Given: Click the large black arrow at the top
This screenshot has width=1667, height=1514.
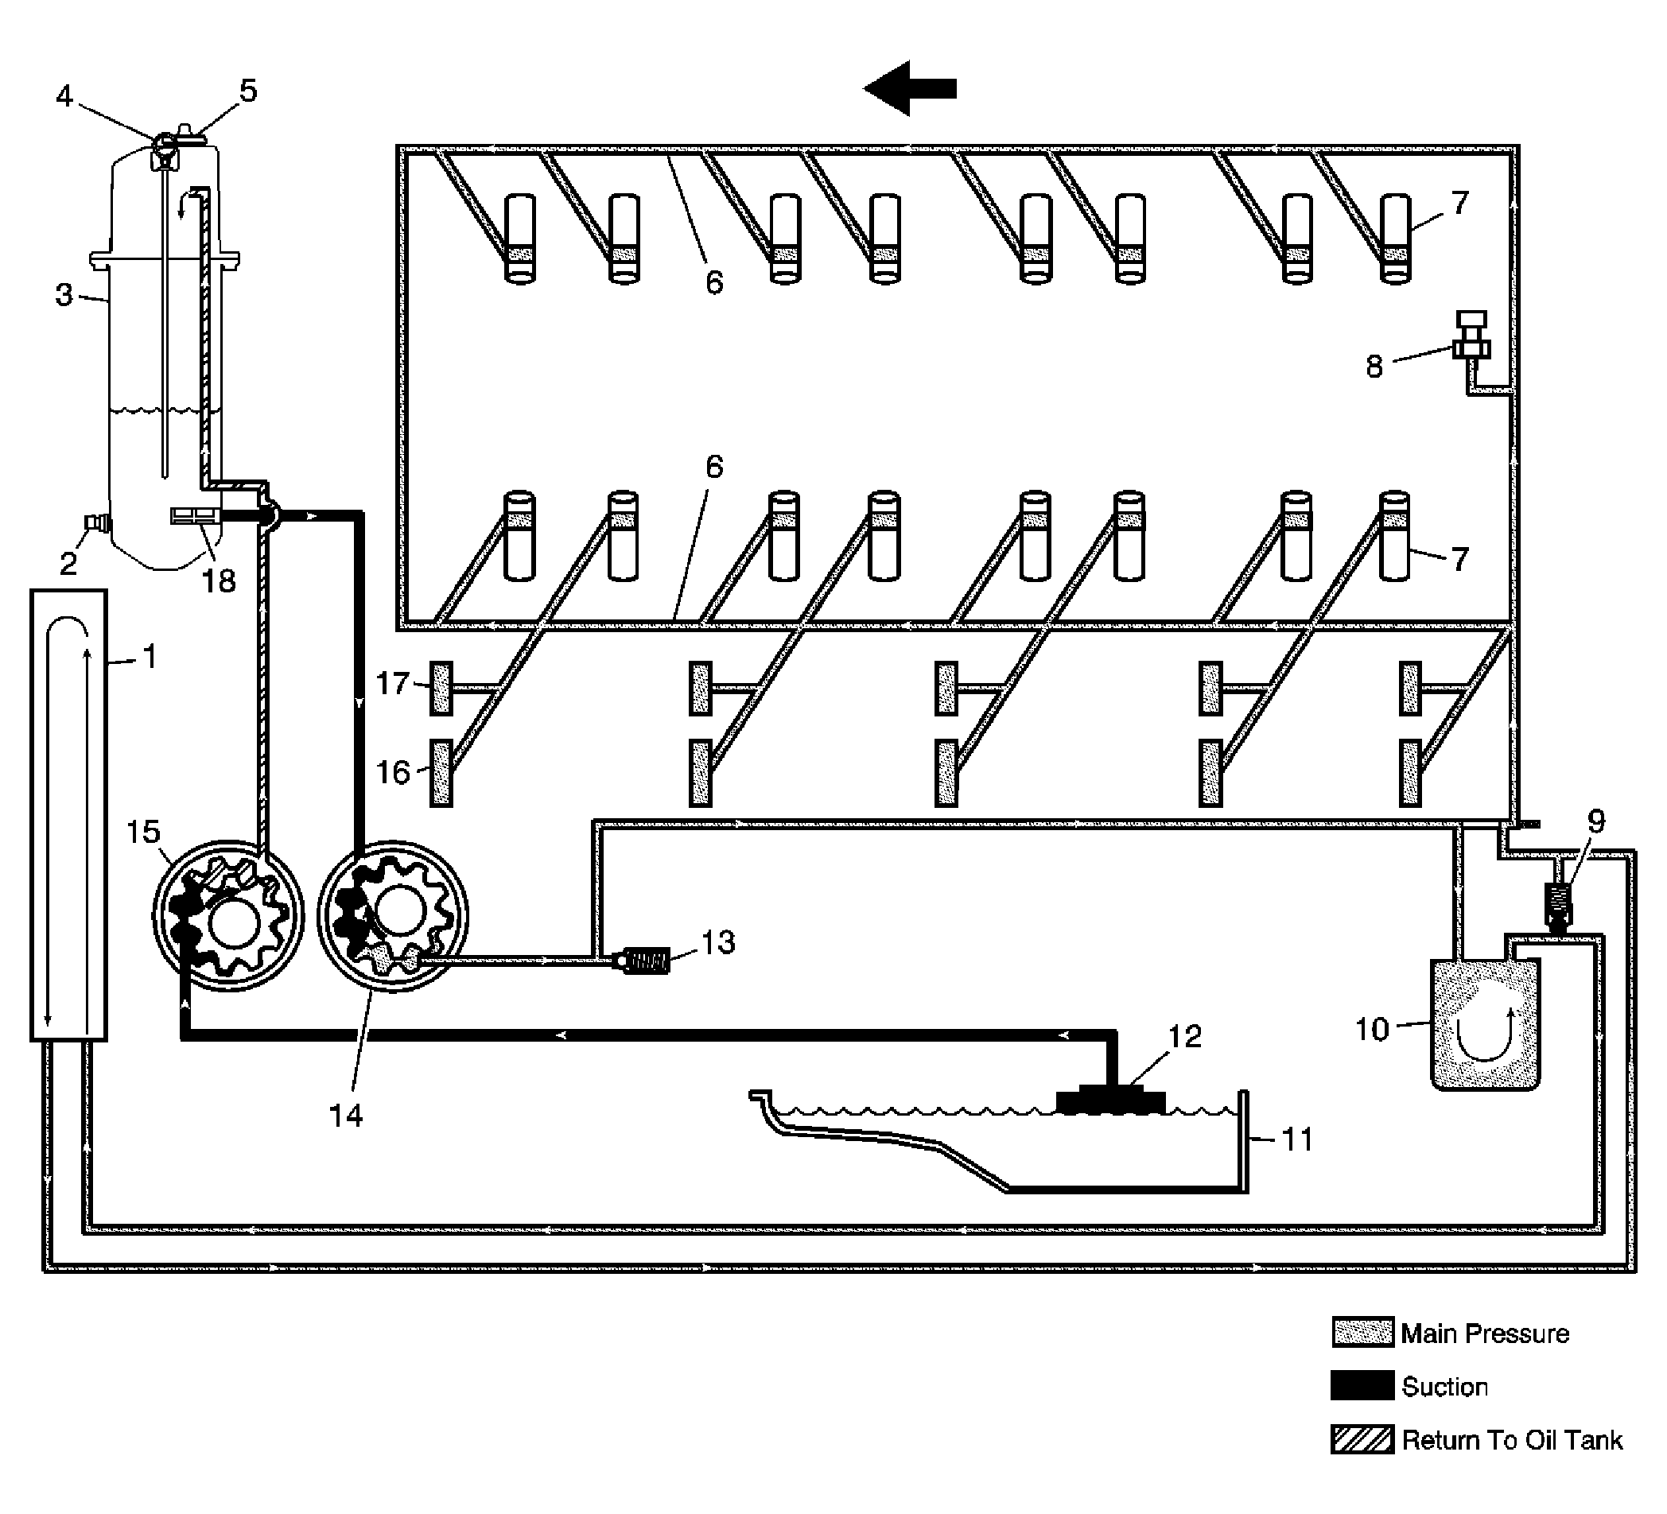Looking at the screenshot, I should coord(910,87).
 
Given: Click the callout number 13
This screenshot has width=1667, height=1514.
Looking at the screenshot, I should coord(717,941).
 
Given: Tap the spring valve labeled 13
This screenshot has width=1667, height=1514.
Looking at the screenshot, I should coord(644,961).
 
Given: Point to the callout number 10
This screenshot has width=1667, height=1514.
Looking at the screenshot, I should coord(1372,1030).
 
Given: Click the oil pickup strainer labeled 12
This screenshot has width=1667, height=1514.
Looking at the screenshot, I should coord(1110,1101).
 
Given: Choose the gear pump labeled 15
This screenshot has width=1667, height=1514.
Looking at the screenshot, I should coord(228,915).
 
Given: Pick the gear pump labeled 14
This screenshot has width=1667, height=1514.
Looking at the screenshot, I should coord(393,915).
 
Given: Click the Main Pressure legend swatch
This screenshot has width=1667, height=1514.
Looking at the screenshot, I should coord(1362,1333).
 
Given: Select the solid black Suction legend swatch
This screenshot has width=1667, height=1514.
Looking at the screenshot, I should coord(1362,1386).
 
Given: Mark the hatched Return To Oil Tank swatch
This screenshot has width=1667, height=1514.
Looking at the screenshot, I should coord(1362,1439).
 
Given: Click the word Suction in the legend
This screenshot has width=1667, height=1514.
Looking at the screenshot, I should coord(1444,1387).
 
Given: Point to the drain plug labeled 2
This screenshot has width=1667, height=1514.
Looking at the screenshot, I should coord(98,522).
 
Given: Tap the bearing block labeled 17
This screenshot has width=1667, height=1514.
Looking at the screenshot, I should coord(441,688).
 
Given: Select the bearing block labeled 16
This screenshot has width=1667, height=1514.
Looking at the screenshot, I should coord(441,772).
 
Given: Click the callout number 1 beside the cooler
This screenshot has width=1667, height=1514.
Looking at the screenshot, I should coord(149,658).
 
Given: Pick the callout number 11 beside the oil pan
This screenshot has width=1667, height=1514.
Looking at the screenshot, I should coord(1296,1139).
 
